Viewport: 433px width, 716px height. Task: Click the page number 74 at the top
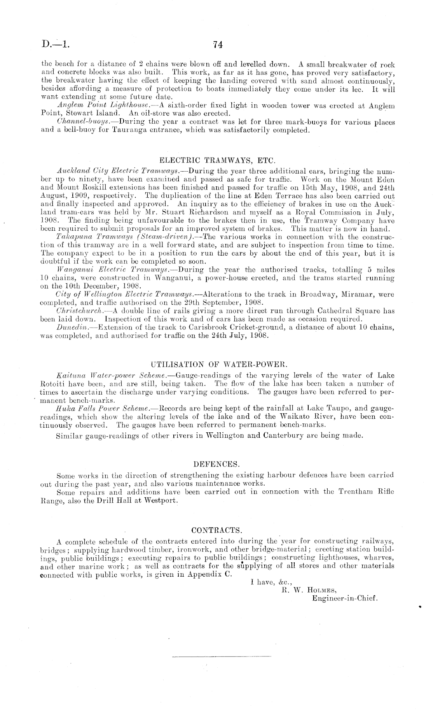[218, 45]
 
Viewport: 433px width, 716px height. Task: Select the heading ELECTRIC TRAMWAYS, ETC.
[218, 160]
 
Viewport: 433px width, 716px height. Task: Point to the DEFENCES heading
[216, 464]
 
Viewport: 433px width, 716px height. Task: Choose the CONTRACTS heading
[217, 530]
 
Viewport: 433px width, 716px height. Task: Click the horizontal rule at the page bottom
[221, 657]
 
